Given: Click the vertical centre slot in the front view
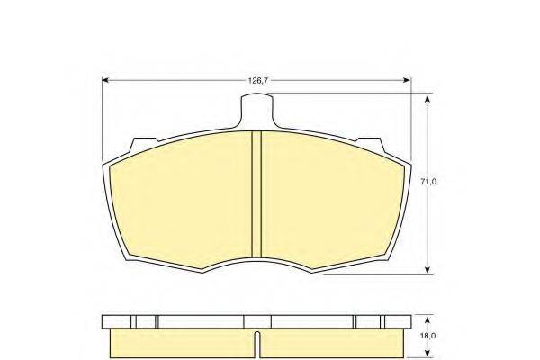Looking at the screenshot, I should click(256, 193).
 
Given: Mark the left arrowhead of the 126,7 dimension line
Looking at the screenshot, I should click(106, 81).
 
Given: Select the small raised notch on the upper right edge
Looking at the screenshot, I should click(370, 142).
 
